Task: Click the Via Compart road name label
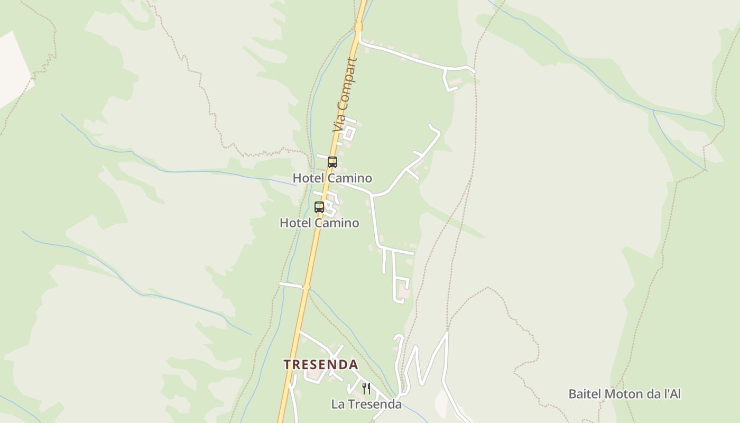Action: pos(345,95)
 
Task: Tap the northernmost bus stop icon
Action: pos(332,162)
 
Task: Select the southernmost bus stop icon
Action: pos(319,207)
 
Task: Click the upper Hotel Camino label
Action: pos(332,178)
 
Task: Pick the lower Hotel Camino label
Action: pos(319,223)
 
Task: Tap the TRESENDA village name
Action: pos(320,365)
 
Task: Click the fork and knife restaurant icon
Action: pos(366,389)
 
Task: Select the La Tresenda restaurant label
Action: pos(366,404)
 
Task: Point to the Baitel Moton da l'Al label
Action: pos(624,394)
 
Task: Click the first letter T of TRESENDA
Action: pos(287,365)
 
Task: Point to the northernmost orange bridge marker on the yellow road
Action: pos(359,27)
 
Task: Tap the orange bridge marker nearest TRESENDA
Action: pos(306,287)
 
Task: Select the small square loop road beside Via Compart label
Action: pos(349,132)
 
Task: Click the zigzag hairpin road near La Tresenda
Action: pos(423,365)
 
